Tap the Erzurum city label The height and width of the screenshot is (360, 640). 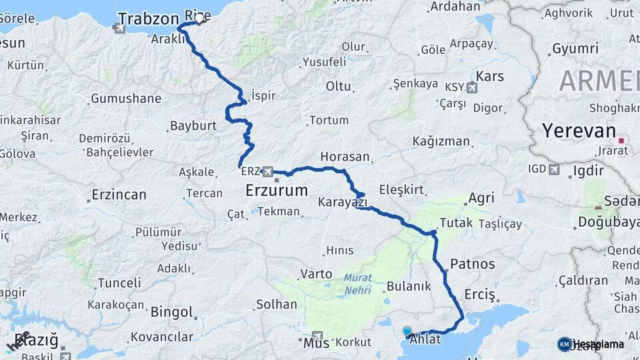coord(277,190)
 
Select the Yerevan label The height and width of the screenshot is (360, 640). coord(577,131)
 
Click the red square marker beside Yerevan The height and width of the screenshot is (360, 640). coord(621,141)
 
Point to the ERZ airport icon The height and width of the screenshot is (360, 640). coord(268,171)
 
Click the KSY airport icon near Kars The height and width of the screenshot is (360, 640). coord(471,87)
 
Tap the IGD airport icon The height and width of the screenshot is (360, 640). coord(554,169)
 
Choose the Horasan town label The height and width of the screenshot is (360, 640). coord(345,157)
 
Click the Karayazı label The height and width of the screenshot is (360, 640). coord(342,201)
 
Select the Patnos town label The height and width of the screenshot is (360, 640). coord(473,263)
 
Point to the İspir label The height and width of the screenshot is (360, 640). coord(263,95)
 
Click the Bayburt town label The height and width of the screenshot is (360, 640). coord(193,125)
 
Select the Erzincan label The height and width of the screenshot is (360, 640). coord(119,195)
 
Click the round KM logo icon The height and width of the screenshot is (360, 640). coord(565,344)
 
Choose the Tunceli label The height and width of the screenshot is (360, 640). coord(119,283)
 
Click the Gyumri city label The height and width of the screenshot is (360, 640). coord(575,49)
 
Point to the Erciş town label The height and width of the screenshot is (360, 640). coord(479,294)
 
